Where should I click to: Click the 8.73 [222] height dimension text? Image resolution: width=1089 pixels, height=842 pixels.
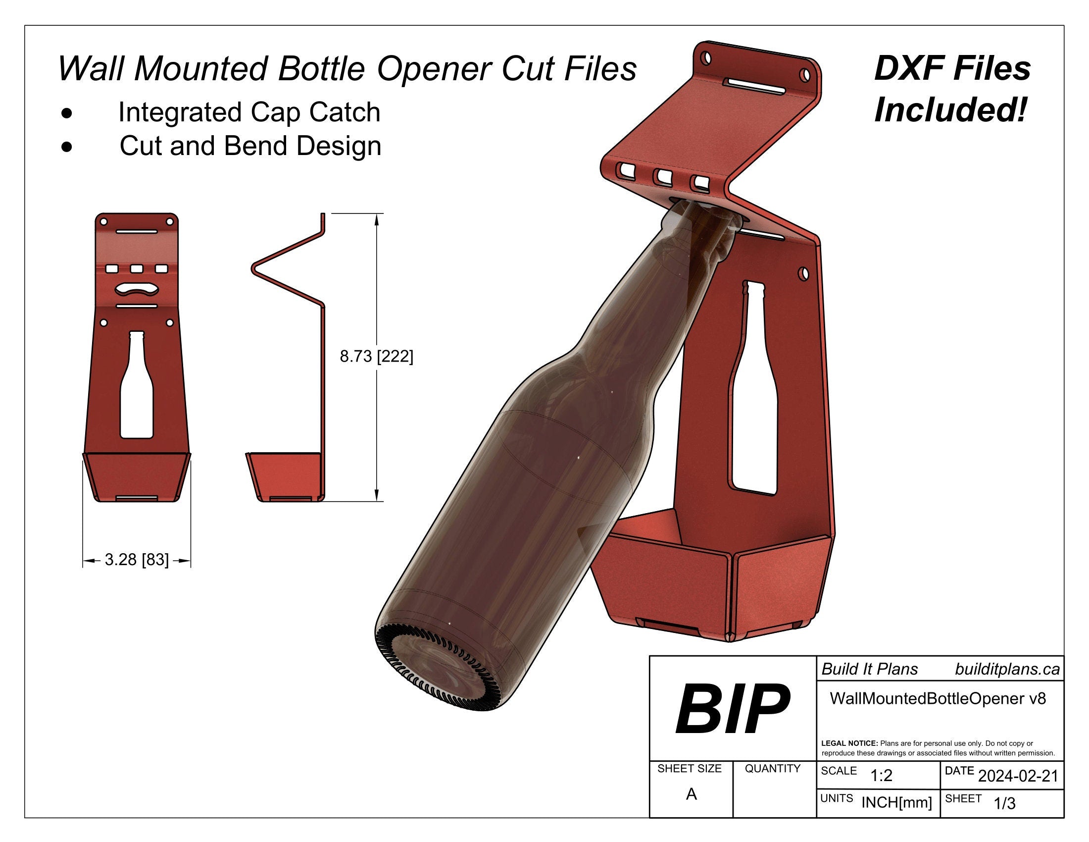377,357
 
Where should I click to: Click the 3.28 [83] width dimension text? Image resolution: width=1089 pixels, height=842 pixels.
137,560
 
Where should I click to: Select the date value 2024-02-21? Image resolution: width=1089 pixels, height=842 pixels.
1018,776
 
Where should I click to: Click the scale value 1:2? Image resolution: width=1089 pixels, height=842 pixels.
881,776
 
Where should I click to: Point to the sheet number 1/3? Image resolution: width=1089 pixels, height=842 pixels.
1004,803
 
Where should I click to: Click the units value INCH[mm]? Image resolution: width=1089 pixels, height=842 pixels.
896,802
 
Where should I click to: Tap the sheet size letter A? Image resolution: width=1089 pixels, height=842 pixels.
691,794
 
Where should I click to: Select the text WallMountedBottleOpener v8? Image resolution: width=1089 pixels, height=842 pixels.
938,698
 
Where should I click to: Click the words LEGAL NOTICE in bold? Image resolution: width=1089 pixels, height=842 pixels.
849,743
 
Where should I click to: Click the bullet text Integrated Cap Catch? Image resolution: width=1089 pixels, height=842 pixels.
249,112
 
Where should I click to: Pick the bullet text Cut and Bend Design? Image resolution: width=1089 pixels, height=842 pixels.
250,146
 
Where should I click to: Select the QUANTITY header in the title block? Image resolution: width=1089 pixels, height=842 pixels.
772,769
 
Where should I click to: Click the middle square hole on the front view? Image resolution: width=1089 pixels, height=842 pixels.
137,269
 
